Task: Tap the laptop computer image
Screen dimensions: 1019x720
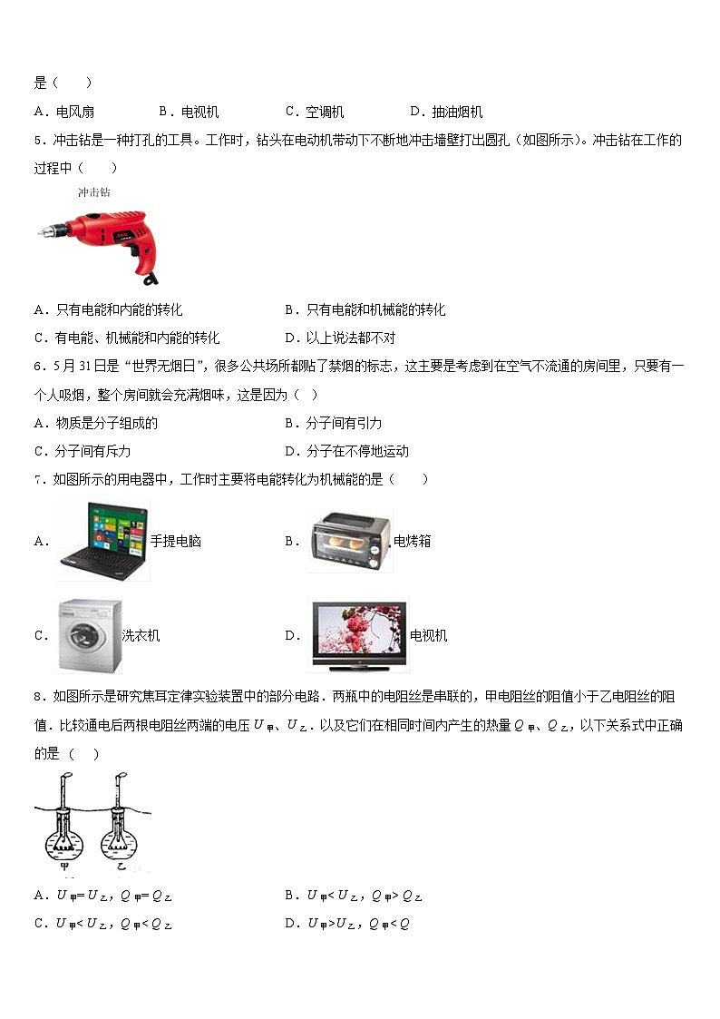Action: [103, 540]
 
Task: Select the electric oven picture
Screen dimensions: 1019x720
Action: [351, 541]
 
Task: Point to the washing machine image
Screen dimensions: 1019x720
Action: [89, 635]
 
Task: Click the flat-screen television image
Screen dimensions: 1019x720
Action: [360, 635]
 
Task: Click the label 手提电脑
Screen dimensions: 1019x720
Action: [176, 541]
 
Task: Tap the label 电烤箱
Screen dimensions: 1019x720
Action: [413, 541]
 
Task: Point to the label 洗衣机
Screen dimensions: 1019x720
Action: [141, 635]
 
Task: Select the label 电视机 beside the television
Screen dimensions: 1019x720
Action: [429, 635]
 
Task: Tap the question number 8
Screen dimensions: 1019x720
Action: [38, 696]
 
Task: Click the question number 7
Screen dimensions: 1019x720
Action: [38, 479]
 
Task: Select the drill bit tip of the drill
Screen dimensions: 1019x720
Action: [41, 232]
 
